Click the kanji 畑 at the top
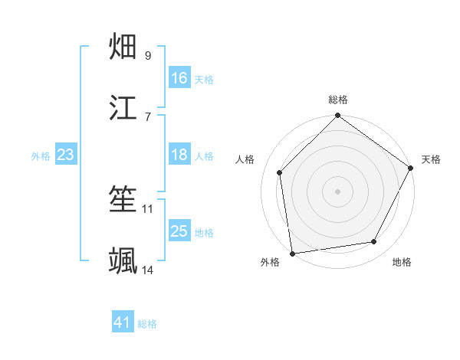click(x=123, y=47)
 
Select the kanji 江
click(x=123, y=108)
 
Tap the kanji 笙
click(x=123, y=201)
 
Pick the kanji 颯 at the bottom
click(x=123, y=261)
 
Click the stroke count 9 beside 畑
click(x=147, y=55)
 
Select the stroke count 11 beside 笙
click(x=148, y=208)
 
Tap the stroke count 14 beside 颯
click(x=148, y=270)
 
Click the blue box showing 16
click(x=179, y=78)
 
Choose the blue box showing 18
click(x=179, y=155)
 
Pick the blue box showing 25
click(x=179, y=231)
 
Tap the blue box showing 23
click(x=66, y=155)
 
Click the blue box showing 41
click(x=123, y=322)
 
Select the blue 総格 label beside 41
click(x=147, y=324)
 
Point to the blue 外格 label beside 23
click(x=41, y=156)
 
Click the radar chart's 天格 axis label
click(x=431, y=159)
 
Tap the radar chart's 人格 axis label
click(x=245, y=159)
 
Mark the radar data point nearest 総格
click(x=337, y=116)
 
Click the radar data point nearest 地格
click(x=374, y=241)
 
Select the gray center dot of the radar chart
click(x=337, y=191)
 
